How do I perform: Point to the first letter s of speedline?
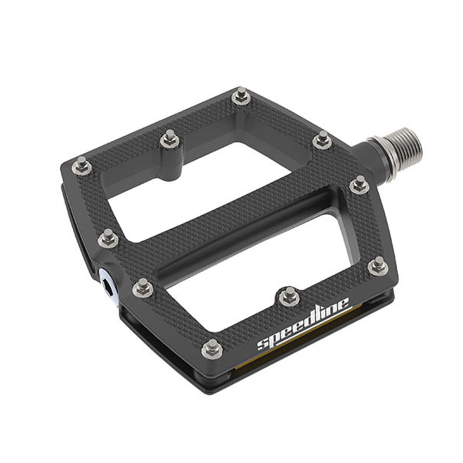coord(263,345)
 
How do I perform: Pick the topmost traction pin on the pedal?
coord(241,96)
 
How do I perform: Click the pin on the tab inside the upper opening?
coord(170,138)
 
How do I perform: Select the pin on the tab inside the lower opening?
coord(289,295)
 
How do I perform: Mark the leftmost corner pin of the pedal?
coord(82,165)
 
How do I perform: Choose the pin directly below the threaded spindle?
coord(359,184)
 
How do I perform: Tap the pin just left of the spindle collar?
coord(322,138)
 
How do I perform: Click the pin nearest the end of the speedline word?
coord(378,265)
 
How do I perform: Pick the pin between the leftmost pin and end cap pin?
coord(108,238)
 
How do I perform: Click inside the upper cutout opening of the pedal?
coord(194,190)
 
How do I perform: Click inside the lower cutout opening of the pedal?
coord(259,278)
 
